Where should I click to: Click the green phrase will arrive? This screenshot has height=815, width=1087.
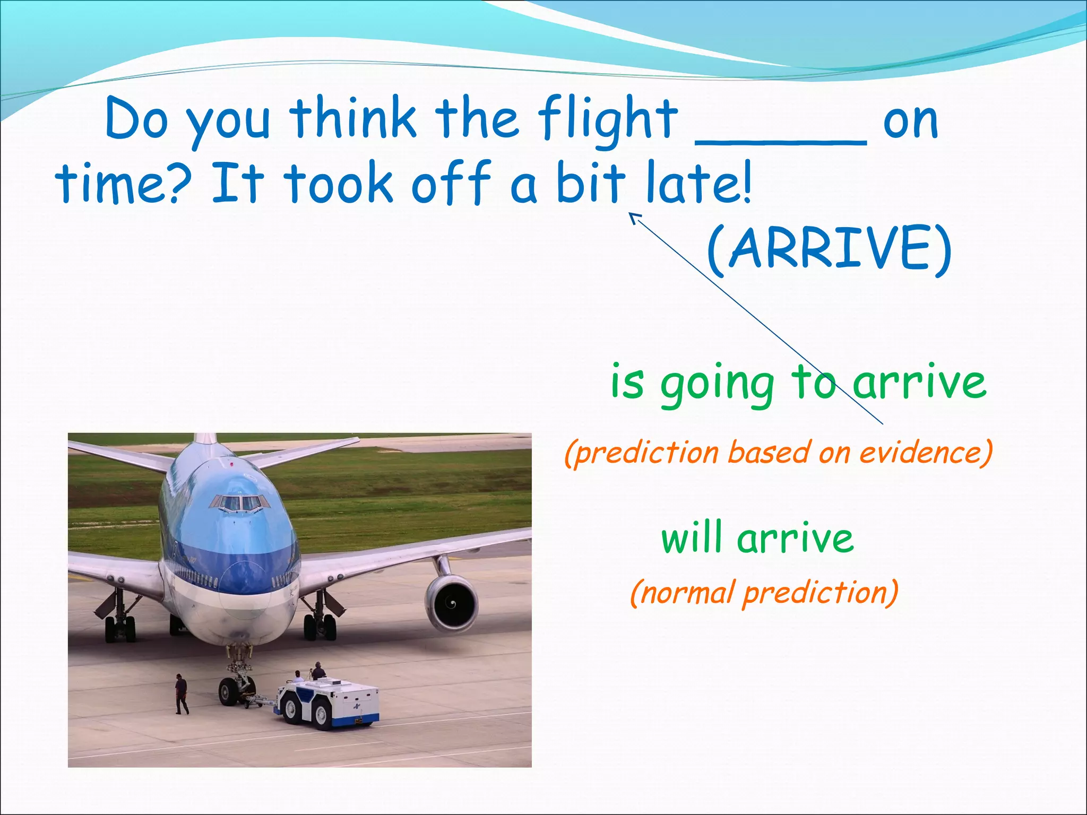pos(757,539)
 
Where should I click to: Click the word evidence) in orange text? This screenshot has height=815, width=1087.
pos(926,453)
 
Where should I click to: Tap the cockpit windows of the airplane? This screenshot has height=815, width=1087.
pos(237,502)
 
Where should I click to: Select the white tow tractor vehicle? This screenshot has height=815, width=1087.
pos(329,700)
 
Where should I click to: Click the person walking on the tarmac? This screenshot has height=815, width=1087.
pos(182,693)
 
